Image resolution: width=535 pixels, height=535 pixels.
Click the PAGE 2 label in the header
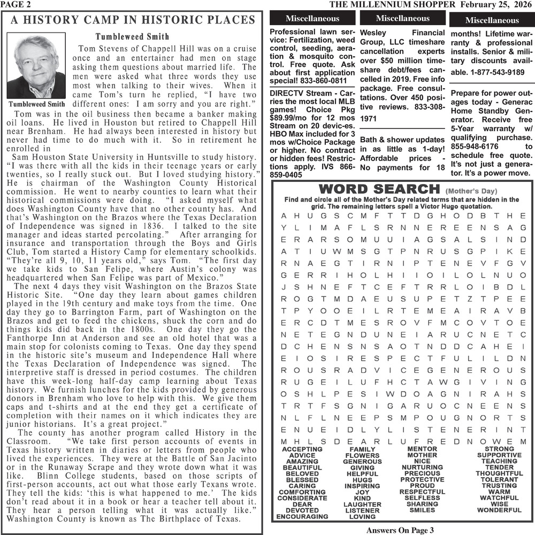point(16,5)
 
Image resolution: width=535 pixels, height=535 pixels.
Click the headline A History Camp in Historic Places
point(133,21)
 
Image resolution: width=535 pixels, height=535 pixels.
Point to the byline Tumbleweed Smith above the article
point(132,37)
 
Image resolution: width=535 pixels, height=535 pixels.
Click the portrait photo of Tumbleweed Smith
point(36,66)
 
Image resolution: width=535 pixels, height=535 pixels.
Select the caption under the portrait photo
point(36,103)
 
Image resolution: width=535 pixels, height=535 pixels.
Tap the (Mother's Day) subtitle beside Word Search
point(471,191)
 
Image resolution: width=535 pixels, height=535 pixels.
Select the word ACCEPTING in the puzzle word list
point(302,449)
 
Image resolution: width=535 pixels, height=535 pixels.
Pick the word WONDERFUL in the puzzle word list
point(499,510)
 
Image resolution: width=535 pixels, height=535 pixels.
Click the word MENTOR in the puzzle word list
point(422,449)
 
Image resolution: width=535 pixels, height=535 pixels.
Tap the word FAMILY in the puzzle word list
point(362,449)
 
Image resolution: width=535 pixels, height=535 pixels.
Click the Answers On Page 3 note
point(399,530)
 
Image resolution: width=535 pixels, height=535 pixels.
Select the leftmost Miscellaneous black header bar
point(312,19)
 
